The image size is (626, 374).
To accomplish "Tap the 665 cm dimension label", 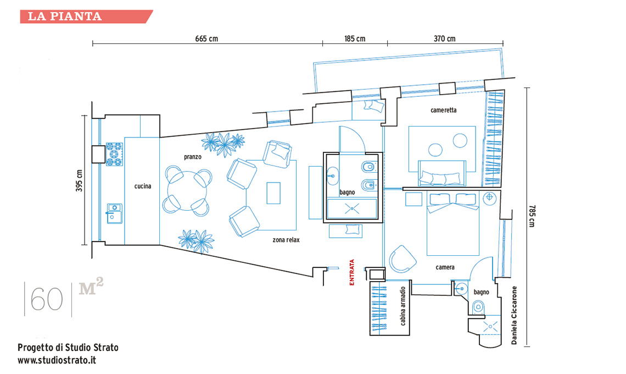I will (x=206, y=38).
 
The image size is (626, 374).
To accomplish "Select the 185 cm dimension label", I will (x=355, y=38).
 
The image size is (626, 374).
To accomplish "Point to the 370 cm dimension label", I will (x=444, y=38).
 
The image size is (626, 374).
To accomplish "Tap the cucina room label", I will (x=143, y=186).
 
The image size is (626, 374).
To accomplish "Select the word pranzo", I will (x=193, y=157).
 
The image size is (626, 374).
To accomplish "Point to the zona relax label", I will (x=286, y=240).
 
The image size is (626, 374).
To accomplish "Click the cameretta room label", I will (x=443, y=110).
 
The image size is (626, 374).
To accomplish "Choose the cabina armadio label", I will (x=403, y=306).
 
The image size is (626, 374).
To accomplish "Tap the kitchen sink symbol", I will (x=114, y=212).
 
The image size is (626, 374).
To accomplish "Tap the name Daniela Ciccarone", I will (x=514, y=315).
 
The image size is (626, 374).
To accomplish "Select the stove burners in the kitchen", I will (x=114, y=153).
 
